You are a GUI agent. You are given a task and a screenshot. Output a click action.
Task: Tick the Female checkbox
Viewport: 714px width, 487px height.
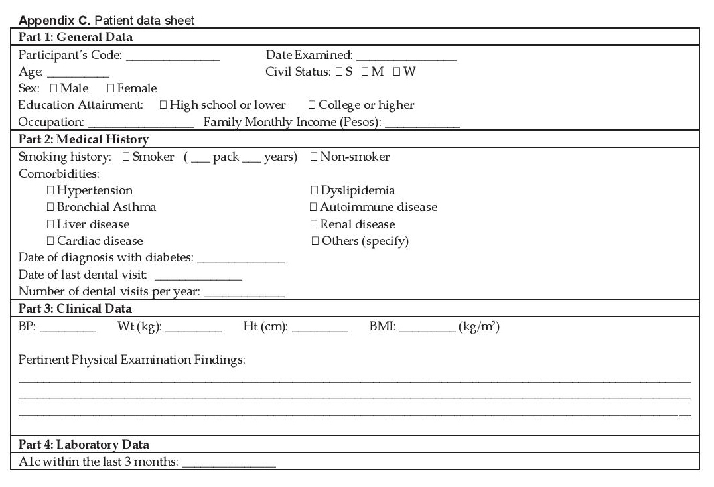point(111,89)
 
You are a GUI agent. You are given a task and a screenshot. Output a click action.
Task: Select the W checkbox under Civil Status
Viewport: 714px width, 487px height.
point(396,72)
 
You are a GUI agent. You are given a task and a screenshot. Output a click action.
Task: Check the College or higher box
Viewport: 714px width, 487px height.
point(312,105)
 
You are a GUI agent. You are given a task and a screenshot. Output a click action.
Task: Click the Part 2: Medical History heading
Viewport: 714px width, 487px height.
point(84,139)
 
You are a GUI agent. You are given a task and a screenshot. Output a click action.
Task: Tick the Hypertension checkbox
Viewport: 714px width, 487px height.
point(50,191)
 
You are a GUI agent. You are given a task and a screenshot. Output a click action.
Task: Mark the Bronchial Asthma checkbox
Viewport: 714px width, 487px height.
point(50,208)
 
